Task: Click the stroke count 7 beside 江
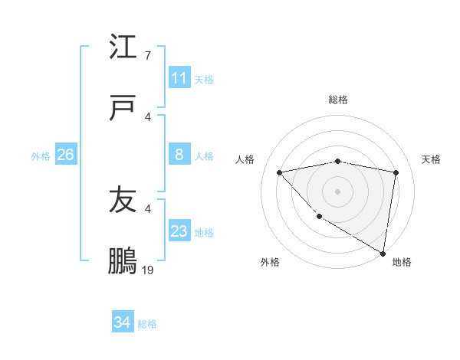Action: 148,56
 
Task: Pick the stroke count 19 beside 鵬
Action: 148,270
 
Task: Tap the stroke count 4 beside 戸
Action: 148,117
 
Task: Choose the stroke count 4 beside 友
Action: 148,208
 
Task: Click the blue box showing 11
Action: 179,78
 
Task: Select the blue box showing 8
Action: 179,155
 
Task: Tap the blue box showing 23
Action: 179,231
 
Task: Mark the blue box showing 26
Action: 65,155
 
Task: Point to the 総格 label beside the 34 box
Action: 148,324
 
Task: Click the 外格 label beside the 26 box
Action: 41,155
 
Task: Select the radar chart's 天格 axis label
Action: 431,159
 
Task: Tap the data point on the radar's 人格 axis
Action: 280,172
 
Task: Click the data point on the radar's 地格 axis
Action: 383,254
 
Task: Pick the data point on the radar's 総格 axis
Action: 338,161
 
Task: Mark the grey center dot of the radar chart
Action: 338,191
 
